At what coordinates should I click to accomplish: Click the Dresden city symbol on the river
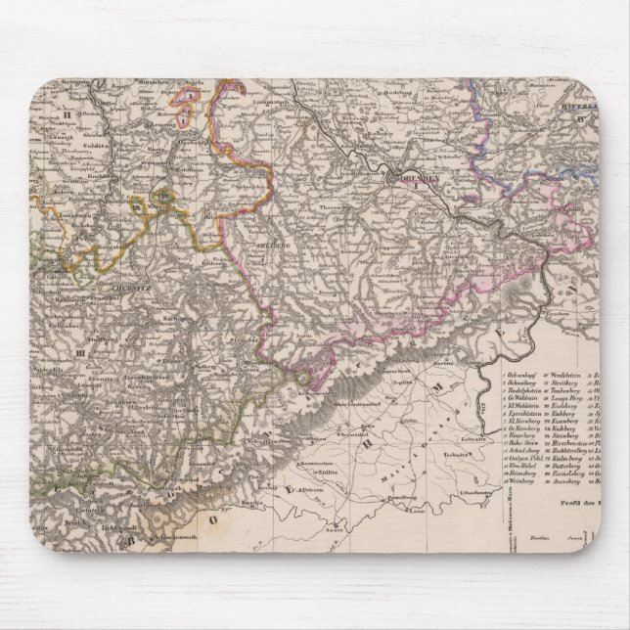click(393, 178)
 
